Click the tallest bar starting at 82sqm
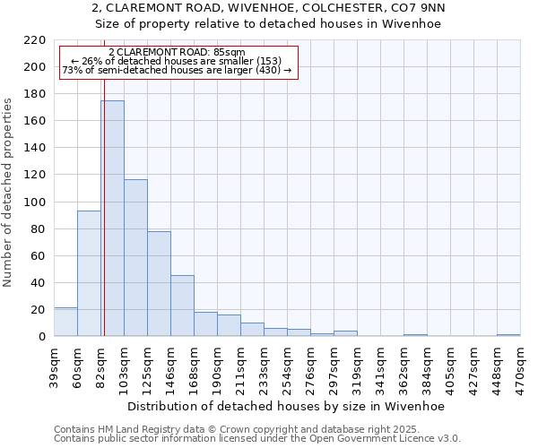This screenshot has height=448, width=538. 112,219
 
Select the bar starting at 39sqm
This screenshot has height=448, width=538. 65,322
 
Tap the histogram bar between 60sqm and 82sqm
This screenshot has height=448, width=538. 89,273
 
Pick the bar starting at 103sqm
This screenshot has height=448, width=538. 135,258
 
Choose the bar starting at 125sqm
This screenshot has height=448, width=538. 159,284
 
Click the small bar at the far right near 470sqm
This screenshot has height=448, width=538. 508,335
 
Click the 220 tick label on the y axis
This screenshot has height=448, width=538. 35,40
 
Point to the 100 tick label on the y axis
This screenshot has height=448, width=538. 35,202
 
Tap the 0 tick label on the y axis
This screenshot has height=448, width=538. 42,337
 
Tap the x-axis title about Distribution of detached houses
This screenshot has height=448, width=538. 287,406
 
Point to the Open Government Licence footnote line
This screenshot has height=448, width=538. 257,439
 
